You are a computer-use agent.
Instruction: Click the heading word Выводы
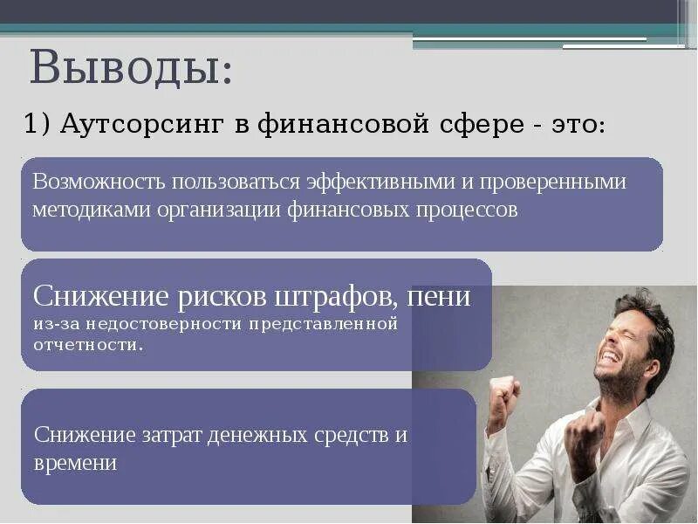(x=131, y=68)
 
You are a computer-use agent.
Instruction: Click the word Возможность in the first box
(x=99, y=183)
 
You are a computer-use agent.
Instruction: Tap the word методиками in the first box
(x=82, y=210)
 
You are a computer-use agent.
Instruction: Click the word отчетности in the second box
(x=86, y=344)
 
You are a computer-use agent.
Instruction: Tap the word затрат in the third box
(x=170, y=435)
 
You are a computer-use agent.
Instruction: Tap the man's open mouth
(x=609, y=355)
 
